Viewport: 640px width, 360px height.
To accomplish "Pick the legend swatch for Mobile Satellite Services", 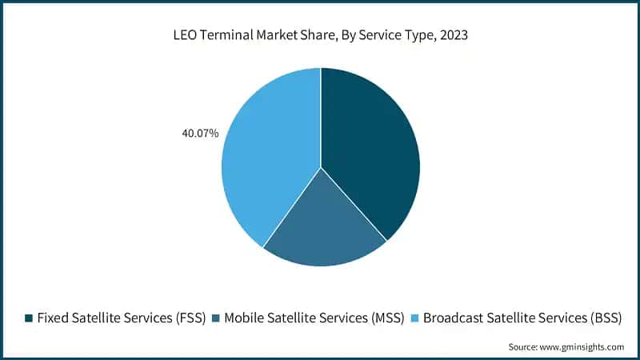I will [x=216, y=318].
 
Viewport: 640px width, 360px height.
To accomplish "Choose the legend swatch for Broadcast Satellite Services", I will [x=414, y=318].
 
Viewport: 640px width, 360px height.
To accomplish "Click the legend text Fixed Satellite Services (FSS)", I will [x=121, y=318].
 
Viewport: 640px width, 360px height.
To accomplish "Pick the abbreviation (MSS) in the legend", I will [x=386, y=318].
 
